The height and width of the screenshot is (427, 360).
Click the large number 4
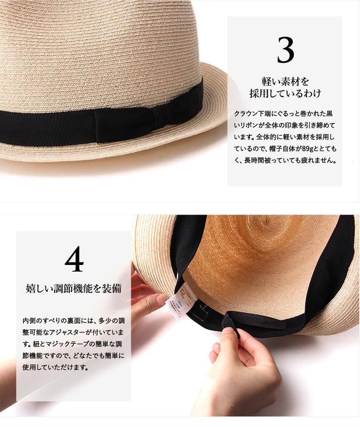pyautogui.click(x=74, y=259)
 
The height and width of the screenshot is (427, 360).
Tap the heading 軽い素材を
pyautogui.click(x=285, y=81)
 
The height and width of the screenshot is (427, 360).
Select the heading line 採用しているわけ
pyautogui.click(x=285, y=93)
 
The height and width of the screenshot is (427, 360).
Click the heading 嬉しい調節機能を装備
pyautogui.click(x=73, y=288)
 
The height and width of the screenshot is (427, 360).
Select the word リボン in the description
pyautogui.click(x=247, y=125)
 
